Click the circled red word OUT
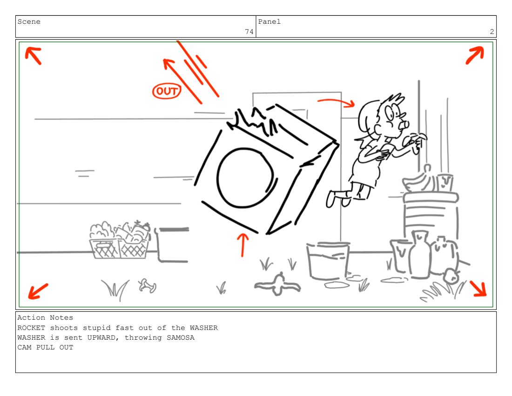click(x=167, y=91)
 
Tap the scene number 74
click(x=249, y=32)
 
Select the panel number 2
click(x=492, y=32)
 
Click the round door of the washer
click(x=245, y=178)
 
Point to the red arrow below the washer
click(x=243, y=245)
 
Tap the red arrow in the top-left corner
click(x=34, y=55)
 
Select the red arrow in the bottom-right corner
click(x=478, y=289)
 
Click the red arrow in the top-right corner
click(x=475, y=55)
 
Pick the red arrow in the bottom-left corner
click(x=38, y=291)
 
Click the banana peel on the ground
click(x=277, y=285)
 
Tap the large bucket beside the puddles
click(x=328, y=260)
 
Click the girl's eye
click(x=390, y=113)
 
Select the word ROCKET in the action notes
click(x=31, y=328)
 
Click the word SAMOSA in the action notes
click(x=181, y=337)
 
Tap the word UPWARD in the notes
click(x=101, y=337)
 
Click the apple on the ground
click(x=451, y=276)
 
